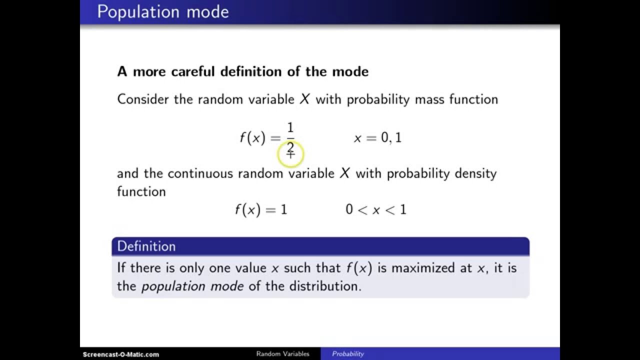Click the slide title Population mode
click(162, 11)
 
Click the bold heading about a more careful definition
click(242, 71)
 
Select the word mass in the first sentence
click(429, 99)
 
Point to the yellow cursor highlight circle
click(290, 153)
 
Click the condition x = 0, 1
click(377, 138)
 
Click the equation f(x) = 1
click(261, 209)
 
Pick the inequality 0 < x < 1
click(375, 209)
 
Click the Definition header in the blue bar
click(146, 246)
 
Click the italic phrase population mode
click(192, 286)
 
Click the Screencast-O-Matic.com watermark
click(121, 354)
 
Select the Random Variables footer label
click(282, 354)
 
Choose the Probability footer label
click(348, 354)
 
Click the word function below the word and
click(141, 191)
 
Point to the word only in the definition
click(191, 267)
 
